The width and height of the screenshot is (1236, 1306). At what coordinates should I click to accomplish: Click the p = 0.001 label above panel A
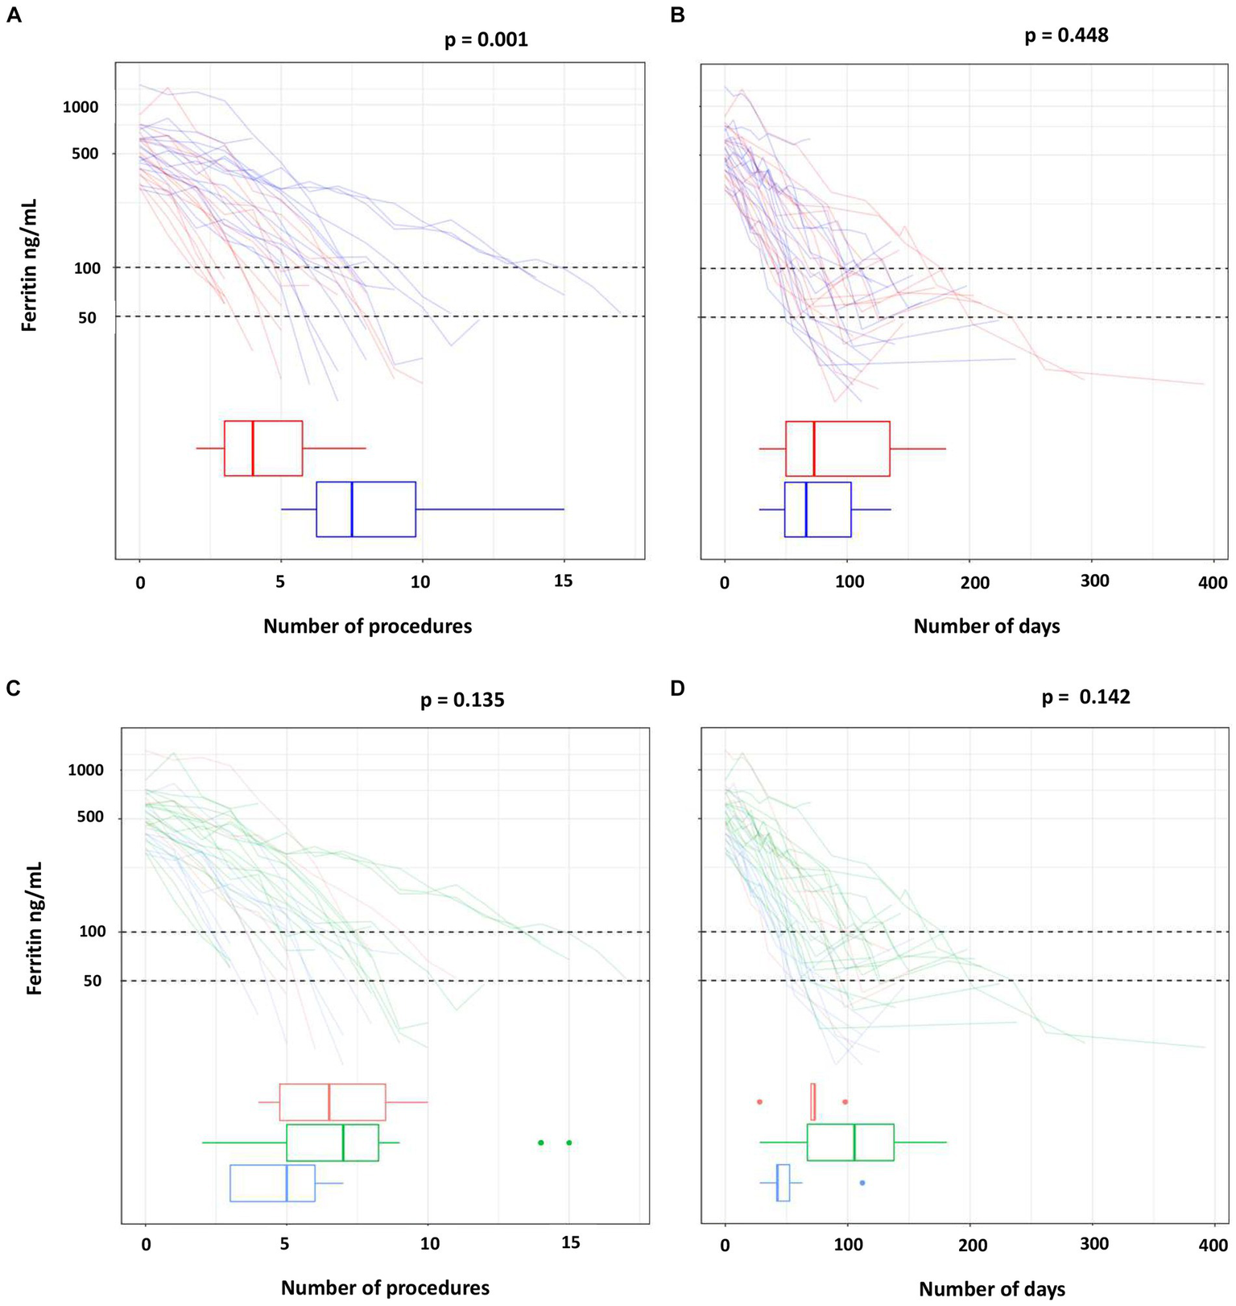pos(486,39)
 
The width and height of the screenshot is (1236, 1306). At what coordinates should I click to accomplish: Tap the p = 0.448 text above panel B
pos(1066,35)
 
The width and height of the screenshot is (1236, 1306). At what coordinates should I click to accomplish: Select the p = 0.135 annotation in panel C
pos(462,700)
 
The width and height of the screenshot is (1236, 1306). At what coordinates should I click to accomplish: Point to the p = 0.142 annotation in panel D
pos(1085,696)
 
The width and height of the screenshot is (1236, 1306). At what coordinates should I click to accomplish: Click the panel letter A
pos(14,15)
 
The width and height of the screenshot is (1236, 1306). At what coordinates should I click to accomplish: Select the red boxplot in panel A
pos(263,448)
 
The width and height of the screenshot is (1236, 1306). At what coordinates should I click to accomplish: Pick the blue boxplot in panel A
pos(366,509)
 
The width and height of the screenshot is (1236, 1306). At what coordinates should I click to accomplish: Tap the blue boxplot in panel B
pos(817,509)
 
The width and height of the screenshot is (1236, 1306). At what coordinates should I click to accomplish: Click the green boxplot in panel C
pos(333,1142)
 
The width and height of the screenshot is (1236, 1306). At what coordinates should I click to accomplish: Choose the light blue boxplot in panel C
pos(272,1183)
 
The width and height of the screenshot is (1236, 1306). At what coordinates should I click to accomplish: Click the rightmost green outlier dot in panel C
pos(568,1142)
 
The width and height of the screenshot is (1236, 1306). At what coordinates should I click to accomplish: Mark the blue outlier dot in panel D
pos(862,1183)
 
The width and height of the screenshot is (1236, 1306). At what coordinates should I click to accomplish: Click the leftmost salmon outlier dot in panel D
pos(759,1101)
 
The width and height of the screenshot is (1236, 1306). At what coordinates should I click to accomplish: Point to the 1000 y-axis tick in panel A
pos(81,107)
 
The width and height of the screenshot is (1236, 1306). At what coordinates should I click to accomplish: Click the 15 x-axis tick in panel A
pos(564,581)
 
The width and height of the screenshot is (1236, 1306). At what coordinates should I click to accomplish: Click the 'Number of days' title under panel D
pos(991,1288)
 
